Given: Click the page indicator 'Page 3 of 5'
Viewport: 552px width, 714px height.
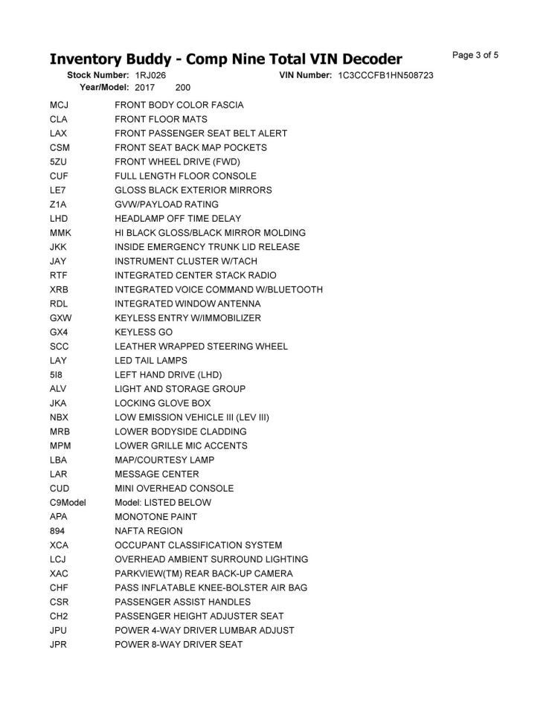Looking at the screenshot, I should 475,55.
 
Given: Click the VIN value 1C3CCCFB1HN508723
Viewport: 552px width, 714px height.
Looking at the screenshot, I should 385,76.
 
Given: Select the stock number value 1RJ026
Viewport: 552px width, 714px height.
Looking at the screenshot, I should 151,76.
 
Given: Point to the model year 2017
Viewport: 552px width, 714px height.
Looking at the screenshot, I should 145,87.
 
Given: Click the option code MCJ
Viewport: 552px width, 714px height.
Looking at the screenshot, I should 60,105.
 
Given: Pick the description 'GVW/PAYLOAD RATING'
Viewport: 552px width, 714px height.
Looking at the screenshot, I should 167,205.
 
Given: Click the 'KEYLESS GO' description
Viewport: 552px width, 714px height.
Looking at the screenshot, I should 144,332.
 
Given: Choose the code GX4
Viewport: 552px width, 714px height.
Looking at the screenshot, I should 59,332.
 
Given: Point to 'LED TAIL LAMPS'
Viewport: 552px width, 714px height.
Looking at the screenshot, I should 151,361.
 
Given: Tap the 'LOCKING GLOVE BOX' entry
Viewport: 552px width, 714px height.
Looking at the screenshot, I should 163,403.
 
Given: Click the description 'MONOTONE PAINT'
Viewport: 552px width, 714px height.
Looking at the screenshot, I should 155,517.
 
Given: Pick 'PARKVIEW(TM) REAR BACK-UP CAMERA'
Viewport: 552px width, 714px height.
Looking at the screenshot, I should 204,573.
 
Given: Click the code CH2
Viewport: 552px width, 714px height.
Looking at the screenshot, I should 59,617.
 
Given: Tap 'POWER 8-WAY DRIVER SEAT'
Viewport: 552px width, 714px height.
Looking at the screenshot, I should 179,645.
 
